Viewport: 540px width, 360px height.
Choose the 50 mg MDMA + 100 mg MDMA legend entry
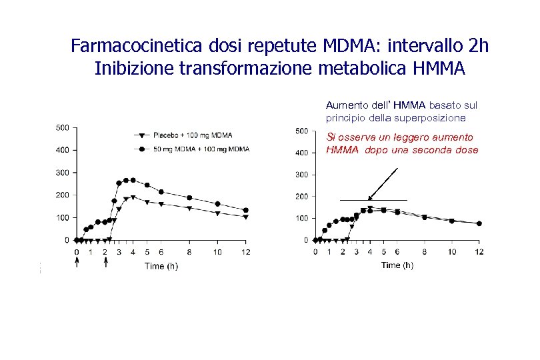202,149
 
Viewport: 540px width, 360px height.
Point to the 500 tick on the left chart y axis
62,127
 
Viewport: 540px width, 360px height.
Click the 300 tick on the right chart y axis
301,175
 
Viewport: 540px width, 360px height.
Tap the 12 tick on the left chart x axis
246,253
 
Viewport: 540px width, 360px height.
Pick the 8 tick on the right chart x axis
425,252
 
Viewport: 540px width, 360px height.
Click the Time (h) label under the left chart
161,266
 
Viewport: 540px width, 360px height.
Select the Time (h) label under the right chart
397,265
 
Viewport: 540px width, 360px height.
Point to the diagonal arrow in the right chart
383,184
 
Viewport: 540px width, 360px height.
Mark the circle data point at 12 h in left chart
246,210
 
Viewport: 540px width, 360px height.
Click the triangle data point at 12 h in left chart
246,217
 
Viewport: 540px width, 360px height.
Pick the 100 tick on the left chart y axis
62,217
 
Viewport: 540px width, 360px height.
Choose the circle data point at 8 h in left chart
189,198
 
